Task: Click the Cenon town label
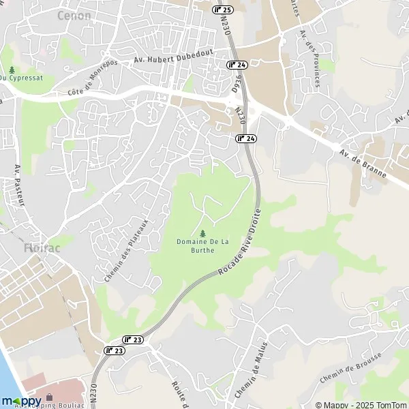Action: [75, 15]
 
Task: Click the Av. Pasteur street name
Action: [20, 185]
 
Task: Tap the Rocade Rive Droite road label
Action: [239, 242]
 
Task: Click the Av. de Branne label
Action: [364, 163]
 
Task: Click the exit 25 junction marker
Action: [223, 10]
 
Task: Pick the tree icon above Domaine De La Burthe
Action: [202, 233]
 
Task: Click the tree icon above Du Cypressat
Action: [12, 70]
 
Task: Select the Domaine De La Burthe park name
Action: [196, 246]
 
